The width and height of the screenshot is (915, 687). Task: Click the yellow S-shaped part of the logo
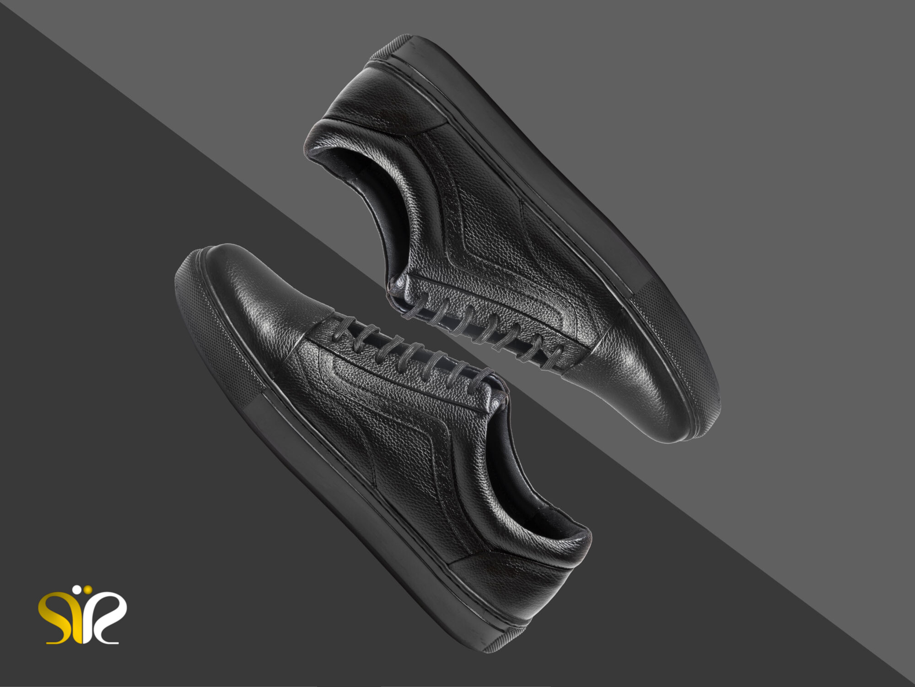[x=59, y=616]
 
